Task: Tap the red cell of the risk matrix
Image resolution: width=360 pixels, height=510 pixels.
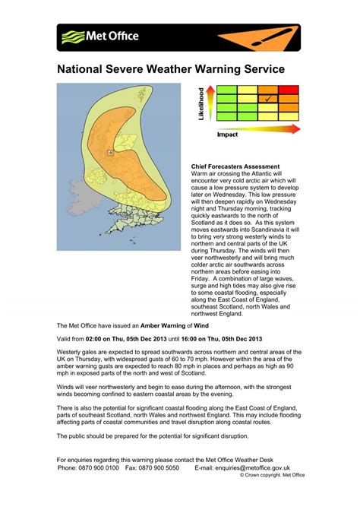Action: [x=289, y=90]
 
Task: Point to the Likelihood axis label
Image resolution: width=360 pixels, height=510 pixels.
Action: [x=202, y=104]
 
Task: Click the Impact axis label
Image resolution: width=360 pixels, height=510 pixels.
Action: [x=229, y=135]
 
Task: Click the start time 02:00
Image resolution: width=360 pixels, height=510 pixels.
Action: [x=94, y=338]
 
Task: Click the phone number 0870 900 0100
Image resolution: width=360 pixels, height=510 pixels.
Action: [x=98, y=468]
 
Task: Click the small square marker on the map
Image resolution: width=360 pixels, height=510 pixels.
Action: [x=110, y=153]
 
